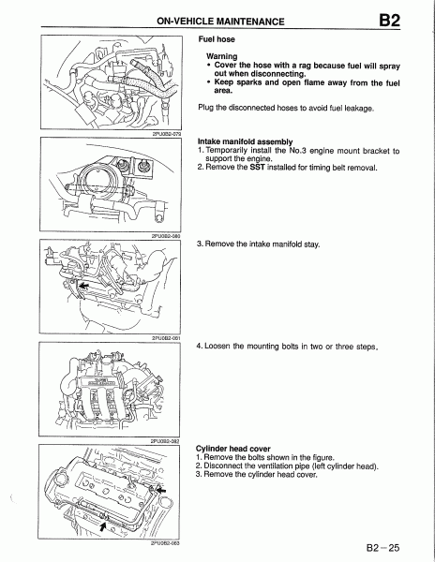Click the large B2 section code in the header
[389, 21]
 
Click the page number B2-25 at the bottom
[382, 548]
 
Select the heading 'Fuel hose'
[217, 39]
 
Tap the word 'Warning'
[222, 56]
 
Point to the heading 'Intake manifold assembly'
[246, 141]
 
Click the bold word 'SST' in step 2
[257, 168]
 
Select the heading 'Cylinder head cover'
[233, 449]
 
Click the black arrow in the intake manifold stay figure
[84, 286]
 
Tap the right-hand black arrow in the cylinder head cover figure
[162, 490]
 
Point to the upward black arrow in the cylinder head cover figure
[103, 526]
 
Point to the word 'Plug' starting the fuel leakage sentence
[206, 108]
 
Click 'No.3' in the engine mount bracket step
[297, 151]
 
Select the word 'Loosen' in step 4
[217, 347]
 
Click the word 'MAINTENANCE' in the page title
[250, 22]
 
